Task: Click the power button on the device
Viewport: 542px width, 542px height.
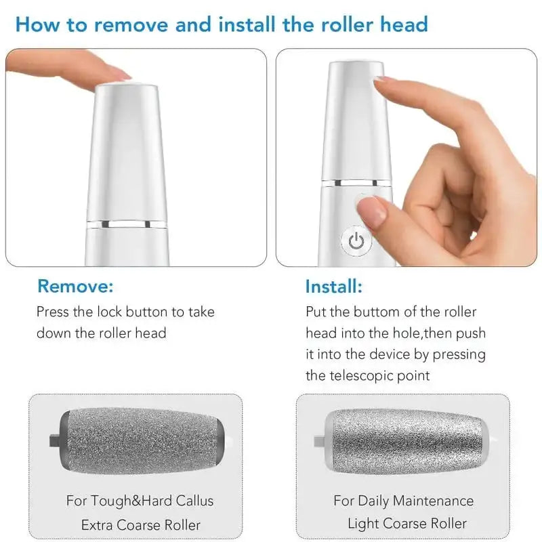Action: point(356,241)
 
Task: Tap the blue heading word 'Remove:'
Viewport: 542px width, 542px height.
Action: point(75,286)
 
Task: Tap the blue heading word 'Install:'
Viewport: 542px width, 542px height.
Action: point(334,286)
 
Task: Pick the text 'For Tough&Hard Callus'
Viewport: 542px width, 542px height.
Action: point(140,501)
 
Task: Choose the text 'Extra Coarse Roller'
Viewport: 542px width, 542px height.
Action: point(141,524)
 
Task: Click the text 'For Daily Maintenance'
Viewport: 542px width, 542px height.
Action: point(403,501)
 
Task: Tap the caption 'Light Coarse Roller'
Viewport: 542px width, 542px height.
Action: point(406,524)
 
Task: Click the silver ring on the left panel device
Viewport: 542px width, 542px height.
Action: point(126,223)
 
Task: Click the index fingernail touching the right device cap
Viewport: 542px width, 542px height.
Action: point(383,79)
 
